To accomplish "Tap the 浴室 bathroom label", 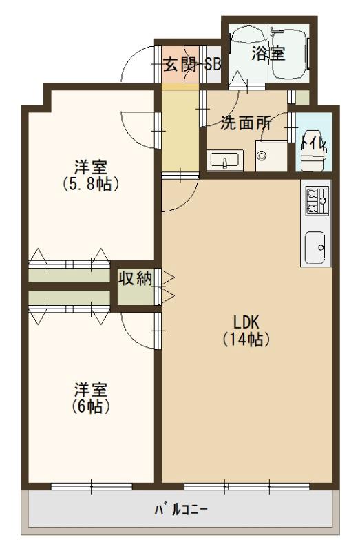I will point(268,54).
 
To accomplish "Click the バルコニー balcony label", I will point(181,511).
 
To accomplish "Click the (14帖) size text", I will point(245,339).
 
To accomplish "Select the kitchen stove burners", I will point(316,200).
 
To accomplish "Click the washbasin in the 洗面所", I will point(224,161).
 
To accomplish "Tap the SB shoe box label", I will point(213,66).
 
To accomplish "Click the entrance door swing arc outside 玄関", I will point(138,67).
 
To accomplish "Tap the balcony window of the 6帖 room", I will point(92,487).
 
